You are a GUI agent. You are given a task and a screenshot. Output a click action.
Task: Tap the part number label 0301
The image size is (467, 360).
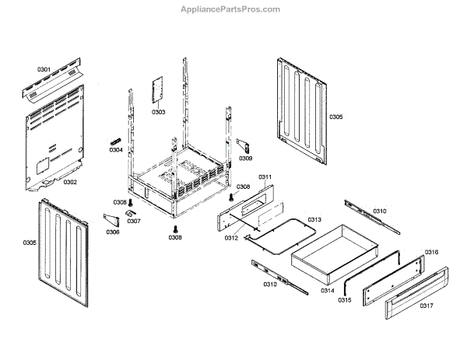[x=44, y=70]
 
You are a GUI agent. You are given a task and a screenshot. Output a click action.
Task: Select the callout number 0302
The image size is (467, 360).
[x=70, y=182]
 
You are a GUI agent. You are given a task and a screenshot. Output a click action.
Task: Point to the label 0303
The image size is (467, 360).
[x=158, y=112]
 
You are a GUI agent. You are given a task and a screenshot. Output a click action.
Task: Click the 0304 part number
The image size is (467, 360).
[x=116, y=149]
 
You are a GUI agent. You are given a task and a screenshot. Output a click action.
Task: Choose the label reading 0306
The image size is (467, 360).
[x=113, y=232]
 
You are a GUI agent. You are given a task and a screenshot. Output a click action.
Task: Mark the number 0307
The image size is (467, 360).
[x=134, y=221]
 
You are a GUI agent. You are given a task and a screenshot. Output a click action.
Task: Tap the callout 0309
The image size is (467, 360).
[x=245, y=159]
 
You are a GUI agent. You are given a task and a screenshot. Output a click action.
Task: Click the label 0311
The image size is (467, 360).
[x=265, y=177]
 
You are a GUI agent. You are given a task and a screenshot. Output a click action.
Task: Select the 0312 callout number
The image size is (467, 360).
[x=231, y=238]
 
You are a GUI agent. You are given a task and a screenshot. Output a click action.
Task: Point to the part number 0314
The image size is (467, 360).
[x=327, y=290]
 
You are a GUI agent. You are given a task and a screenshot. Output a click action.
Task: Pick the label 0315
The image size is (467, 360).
[x=345, y=300]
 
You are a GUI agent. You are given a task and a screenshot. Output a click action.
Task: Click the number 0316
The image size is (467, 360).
[x=431, y=253]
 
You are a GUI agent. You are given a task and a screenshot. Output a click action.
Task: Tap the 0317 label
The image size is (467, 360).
[x=426, y=306]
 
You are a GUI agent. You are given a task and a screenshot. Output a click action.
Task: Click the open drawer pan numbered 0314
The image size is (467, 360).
[x=327, y=253]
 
